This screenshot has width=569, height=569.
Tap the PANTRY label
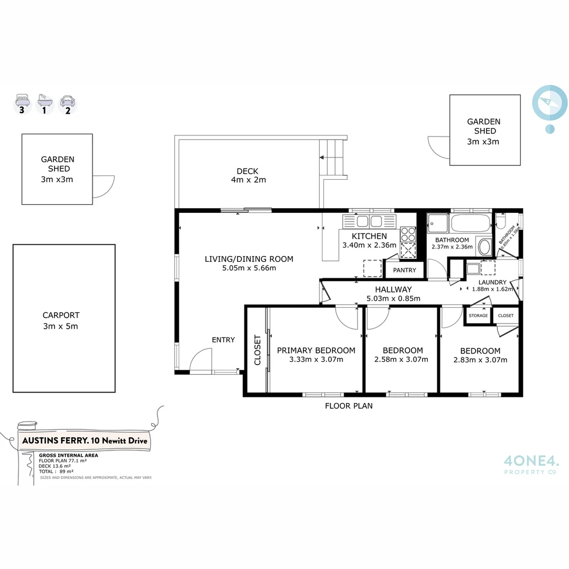click(x=405, y=270)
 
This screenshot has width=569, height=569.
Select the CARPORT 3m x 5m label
click(x=61, y=320)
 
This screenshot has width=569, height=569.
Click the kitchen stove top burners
click(x=408, y=233)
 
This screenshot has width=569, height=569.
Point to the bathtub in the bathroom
click(x=471, y=223)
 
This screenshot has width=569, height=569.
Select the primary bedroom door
click(x=347, y=317)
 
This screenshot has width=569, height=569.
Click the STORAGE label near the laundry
click(x=478, y=316)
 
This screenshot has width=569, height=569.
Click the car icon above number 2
click(x=67, y=100)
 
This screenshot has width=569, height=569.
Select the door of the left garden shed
click(x=104, y=187)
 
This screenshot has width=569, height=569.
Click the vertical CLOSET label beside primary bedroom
click(x=258, y=350)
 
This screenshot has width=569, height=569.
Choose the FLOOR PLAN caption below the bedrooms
click(x=348, y=406)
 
